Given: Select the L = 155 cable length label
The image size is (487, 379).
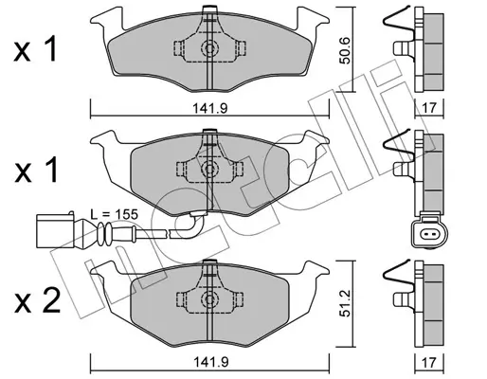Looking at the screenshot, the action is pos(114,214).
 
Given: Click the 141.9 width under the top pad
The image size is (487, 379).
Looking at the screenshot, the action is pos(210,108).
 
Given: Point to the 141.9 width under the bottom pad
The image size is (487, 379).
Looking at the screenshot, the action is pos(210,362).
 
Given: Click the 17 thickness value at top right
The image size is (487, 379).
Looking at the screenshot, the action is pos(428,108).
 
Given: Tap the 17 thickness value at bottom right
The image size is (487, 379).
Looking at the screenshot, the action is pos(428,362).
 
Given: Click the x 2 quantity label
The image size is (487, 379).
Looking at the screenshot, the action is pos(37,301).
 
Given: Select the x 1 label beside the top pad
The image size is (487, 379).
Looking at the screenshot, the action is pos(35,48).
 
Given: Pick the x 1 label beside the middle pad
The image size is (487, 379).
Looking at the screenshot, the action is pos(35,171).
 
